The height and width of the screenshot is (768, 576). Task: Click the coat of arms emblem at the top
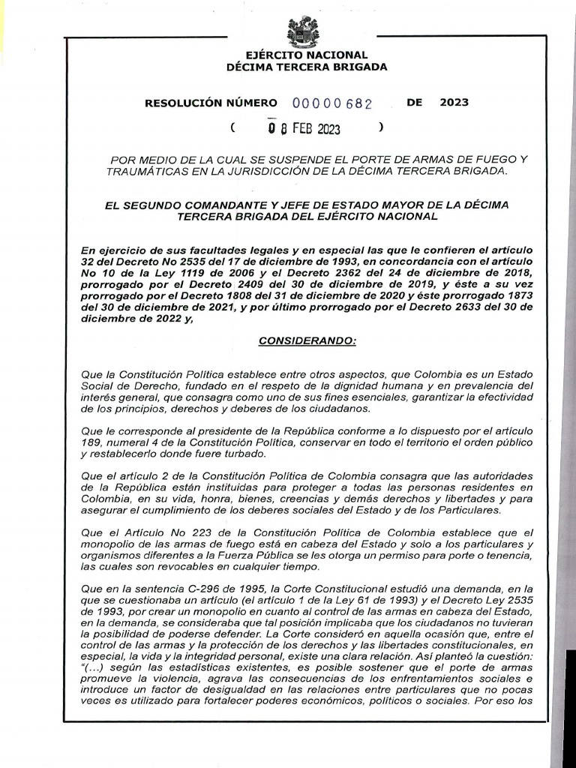tap(303, 31)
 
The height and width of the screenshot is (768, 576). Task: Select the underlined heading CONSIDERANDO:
tap(307, 341)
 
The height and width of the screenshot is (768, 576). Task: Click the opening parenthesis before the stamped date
tap(234, 127)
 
